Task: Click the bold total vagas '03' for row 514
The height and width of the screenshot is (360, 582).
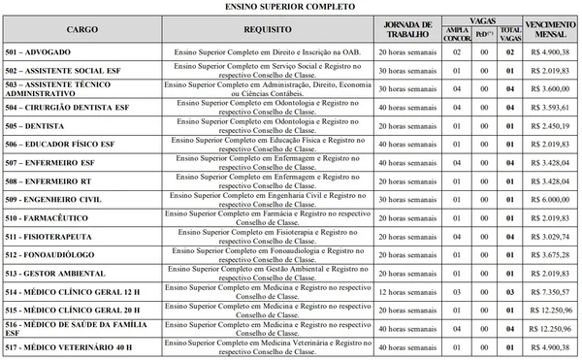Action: (x=507, y=290)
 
